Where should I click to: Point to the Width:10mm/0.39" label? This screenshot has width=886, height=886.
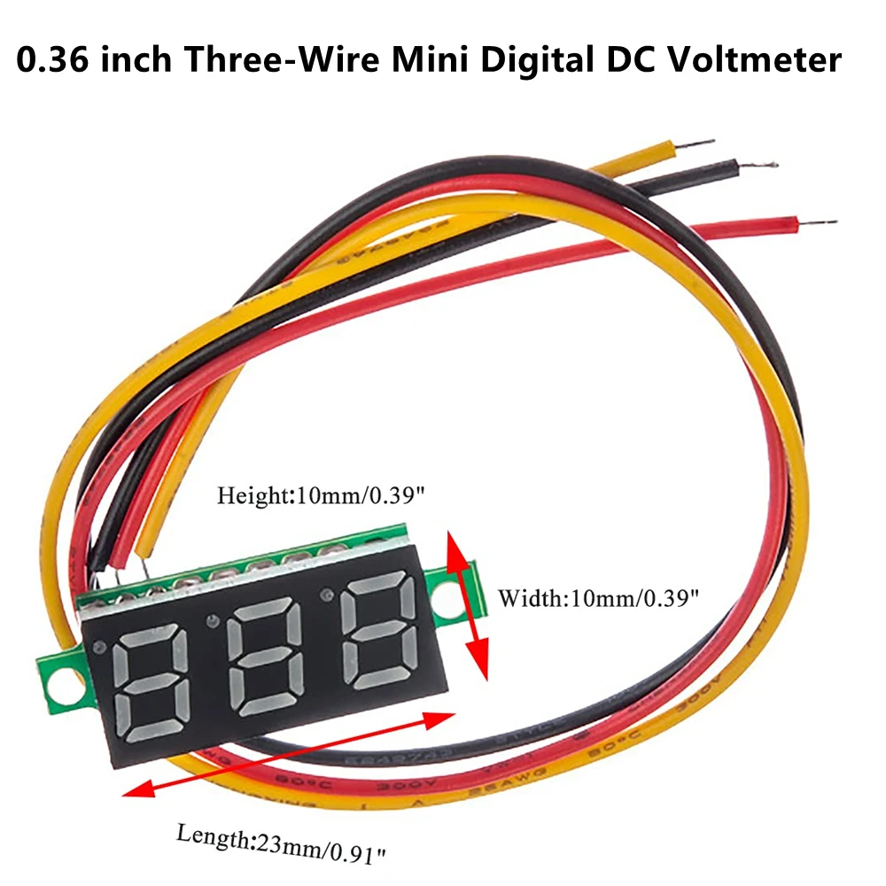pos(599,598)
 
